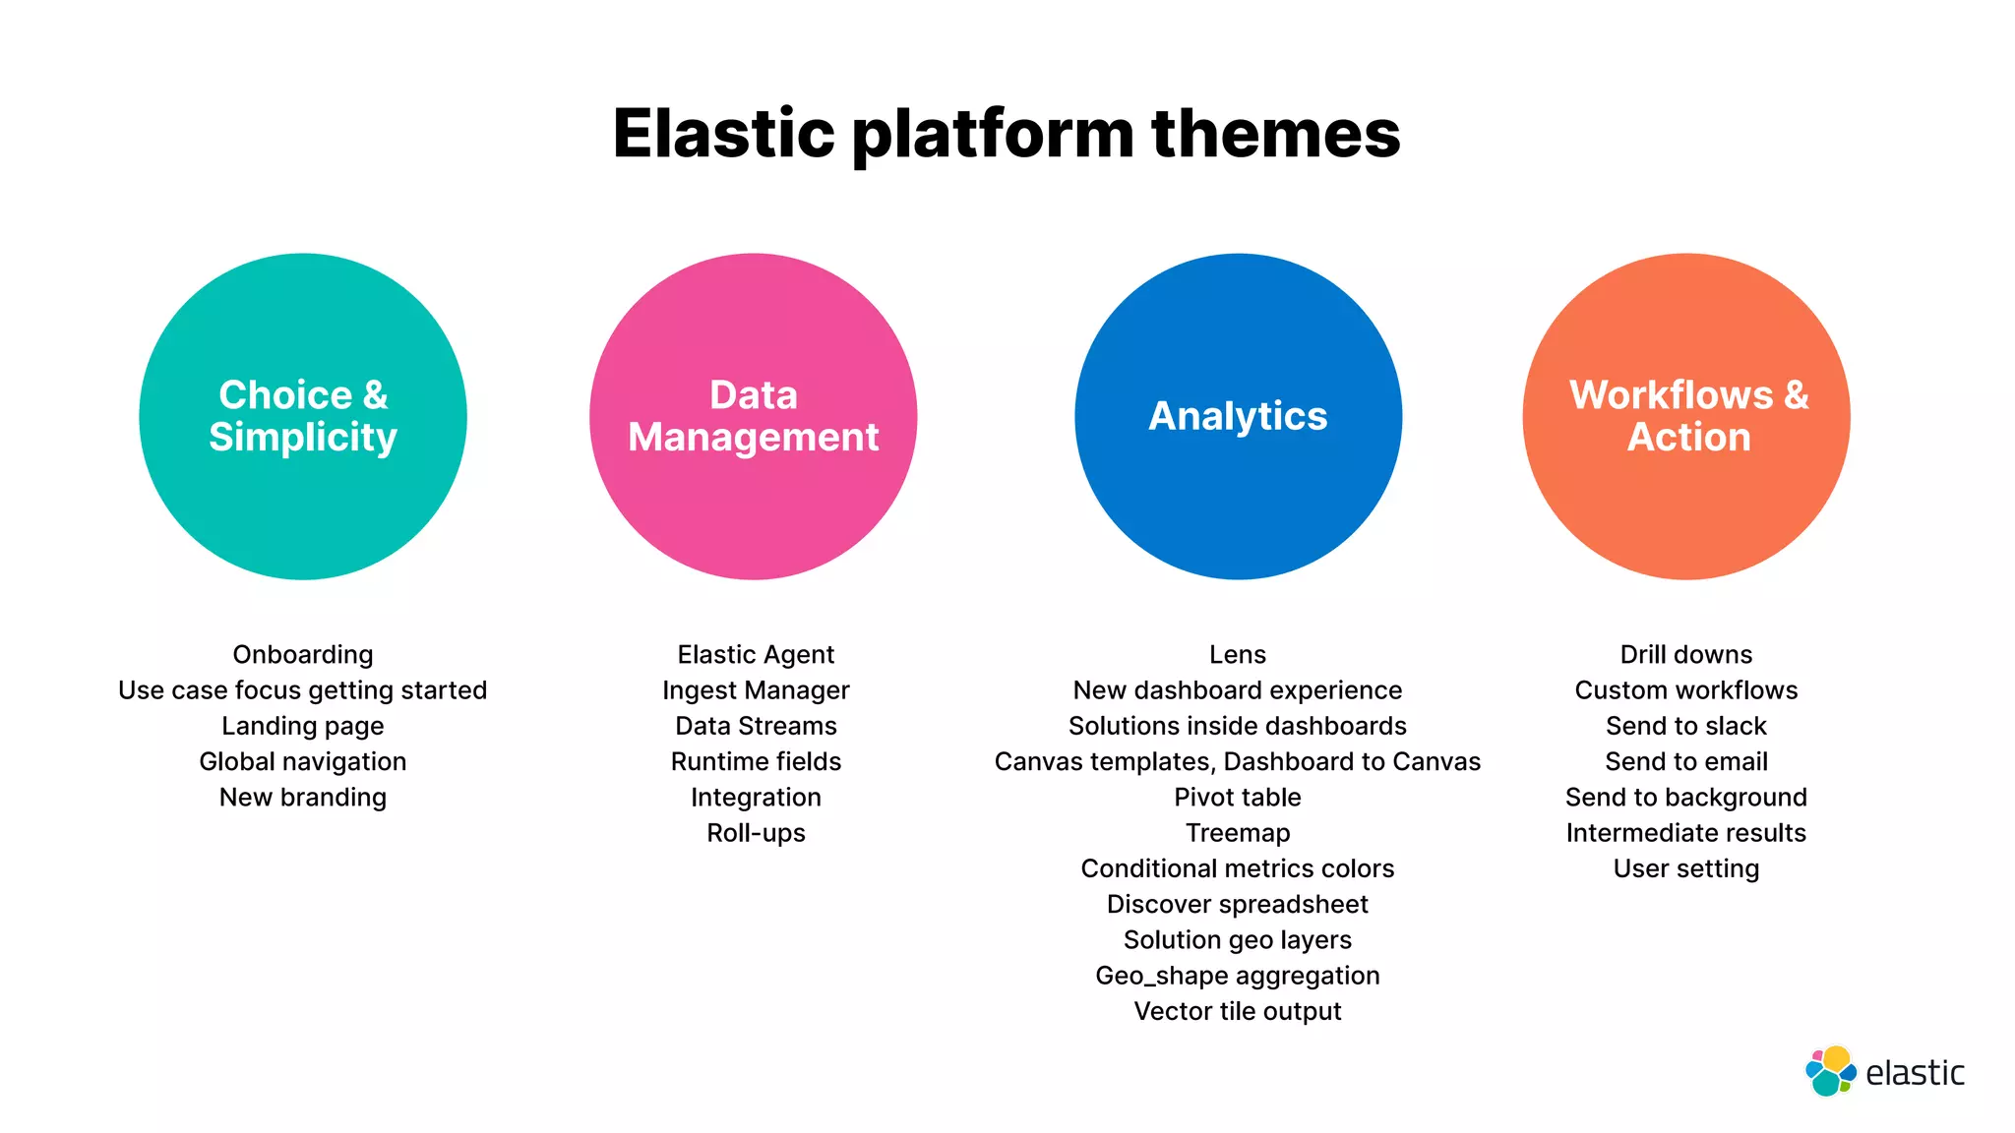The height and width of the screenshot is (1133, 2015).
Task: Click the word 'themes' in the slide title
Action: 1275,134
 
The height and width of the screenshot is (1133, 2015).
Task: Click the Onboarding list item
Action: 303,655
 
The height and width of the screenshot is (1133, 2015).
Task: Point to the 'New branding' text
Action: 303,798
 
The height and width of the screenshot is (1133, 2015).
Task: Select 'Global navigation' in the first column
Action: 303,762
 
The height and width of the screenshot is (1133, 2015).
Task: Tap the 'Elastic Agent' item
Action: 756,655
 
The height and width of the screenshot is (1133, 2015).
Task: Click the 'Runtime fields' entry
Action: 756,762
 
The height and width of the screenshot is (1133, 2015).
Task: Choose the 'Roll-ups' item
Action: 756,833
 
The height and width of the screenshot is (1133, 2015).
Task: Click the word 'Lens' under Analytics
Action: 1238,655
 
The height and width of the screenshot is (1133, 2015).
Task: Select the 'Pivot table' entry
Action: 1238,798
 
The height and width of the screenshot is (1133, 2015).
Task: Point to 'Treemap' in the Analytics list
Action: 1238,833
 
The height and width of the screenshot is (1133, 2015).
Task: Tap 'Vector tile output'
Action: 1238,1012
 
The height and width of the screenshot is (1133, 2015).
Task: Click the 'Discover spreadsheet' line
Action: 1238,905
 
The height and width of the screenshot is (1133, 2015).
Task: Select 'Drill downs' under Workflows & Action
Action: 1686,655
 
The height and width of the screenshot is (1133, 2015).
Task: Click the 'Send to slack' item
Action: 1686,726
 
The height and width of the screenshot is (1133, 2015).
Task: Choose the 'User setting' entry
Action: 1686,869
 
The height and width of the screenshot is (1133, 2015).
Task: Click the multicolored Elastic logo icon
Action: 1830,1072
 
